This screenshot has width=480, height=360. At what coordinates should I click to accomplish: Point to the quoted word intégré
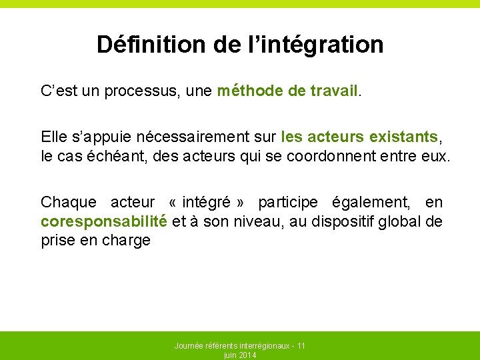pos(205,202)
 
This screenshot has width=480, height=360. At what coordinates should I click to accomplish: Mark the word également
pos(375,202)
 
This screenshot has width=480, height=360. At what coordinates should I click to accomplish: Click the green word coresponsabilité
pos(103,221)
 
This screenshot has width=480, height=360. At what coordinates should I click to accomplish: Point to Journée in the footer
pos(189,346)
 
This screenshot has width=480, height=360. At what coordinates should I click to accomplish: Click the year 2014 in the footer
pos(247,355)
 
